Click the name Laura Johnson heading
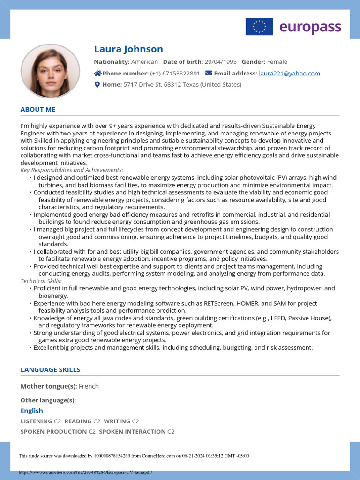[128, 49]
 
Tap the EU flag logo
[259, 27]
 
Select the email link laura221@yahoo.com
[289, 73]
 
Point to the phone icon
[98, 73]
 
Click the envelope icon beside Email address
[209, 73]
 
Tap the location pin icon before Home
[97, 85]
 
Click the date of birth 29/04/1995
[221, 62]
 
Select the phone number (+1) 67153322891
[175, 73]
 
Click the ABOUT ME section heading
[38, 109]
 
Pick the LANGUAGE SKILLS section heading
[50, 369]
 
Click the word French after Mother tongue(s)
[89, 386]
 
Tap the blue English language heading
[31, 411]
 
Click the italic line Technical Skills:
[41, 281]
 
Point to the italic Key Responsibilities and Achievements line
[72, 170]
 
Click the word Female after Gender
[277, 62]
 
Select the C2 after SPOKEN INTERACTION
[171, 431]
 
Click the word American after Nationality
[144, 62]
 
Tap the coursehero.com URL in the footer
[85, 472]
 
